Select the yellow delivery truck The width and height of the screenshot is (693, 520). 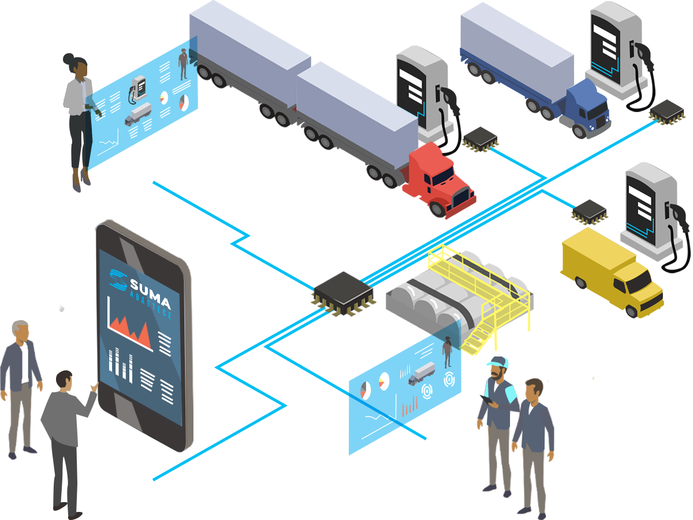(612, 272)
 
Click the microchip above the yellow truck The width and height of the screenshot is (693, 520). (588, 211)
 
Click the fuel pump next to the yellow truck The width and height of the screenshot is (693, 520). (647, 208)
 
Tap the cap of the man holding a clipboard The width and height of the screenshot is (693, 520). (497, 363)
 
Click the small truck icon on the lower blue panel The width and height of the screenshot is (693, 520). (422, 373)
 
